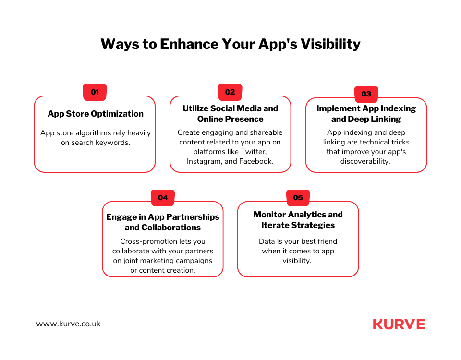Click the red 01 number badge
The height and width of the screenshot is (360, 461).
[x=95, y=92]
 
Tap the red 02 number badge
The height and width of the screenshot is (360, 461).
[x=230, y=92]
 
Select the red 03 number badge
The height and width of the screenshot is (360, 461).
[x=366, y=94]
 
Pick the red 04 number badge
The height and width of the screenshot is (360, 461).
[x=163, y=198]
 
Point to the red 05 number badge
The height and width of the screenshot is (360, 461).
[x=298, y=198]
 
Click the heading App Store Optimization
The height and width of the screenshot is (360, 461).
[x=95, y=114]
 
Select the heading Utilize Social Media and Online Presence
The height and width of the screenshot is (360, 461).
[x=230, y=114]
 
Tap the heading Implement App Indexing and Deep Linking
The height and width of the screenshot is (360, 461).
[x=366, y=114]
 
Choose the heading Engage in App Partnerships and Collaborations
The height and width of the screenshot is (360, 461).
[x=163, y=222]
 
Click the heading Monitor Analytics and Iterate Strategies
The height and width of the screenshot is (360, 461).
[x=298, y=220]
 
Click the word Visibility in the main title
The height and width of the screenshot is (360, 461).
[x=330, y=44]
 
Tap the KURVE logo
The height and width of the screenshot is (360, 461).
[x=399, y=324]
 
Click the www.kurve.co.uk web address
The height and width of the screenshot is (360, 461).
[x=68, y=324]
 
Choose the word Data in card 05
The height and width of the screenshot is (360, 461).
[x=267, y=241]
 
